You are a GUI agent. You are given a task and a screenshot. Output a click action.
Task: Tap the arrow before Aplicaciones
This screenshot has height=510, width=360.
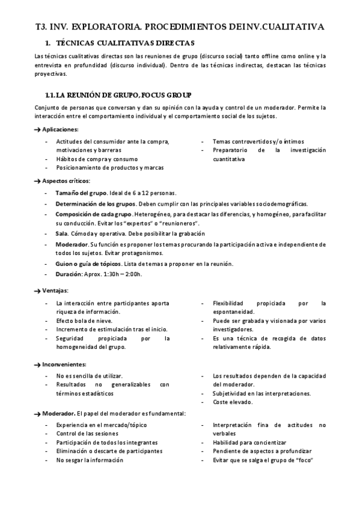click(x=37, y=129)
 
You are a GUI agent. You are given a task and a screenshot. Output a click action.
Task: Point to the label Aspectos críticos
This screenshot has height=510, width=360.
click(x=66, y=181)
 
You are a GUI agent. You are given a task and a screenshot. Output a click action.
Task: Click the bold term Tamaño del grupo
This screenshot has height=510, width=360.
click(x=81, y=193)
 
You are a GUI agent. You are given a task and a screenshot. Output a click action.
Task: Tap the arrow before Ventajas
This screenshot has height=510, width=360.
click(x=37, y=291)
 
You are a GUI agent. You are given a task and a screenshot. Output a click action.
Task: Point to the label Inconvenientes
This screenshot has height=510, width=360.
click(x=64, y=364)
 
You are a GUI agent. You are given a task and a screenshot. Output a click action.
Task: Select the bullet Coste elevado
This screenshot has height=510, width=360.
click(x=233, y=402)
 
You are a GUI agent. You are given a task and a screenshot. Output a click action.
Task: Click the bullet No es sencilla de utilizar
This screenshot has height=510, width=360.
click(x=89, y=375)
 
